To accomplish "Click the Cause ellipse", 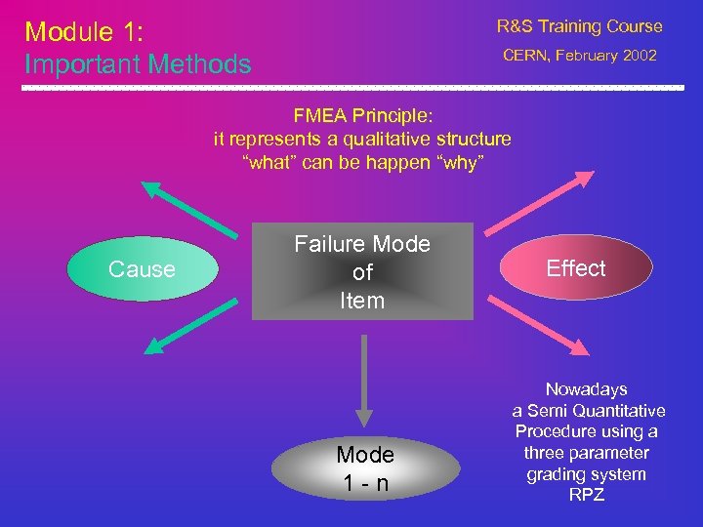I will click(x=142, y=269).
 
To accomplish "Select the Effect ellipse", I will click(x=576, y=268).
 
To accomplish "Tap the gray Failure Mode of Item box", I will click(x=362, y=272).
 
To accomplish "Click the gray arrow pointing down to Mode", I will click(x=363, y=377).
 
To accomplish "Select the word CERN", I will click(x=527, y=56).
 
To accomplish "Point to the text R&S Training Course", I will click(x=579, y=26).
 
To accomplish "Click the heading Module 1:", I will click(x=84, y=32).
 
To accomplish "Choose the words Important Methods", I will click(x=138, y=64).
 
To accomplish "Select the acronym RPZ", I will click(x=587, y=496).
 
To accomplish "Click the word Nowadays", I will click(x=587, y=389).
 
